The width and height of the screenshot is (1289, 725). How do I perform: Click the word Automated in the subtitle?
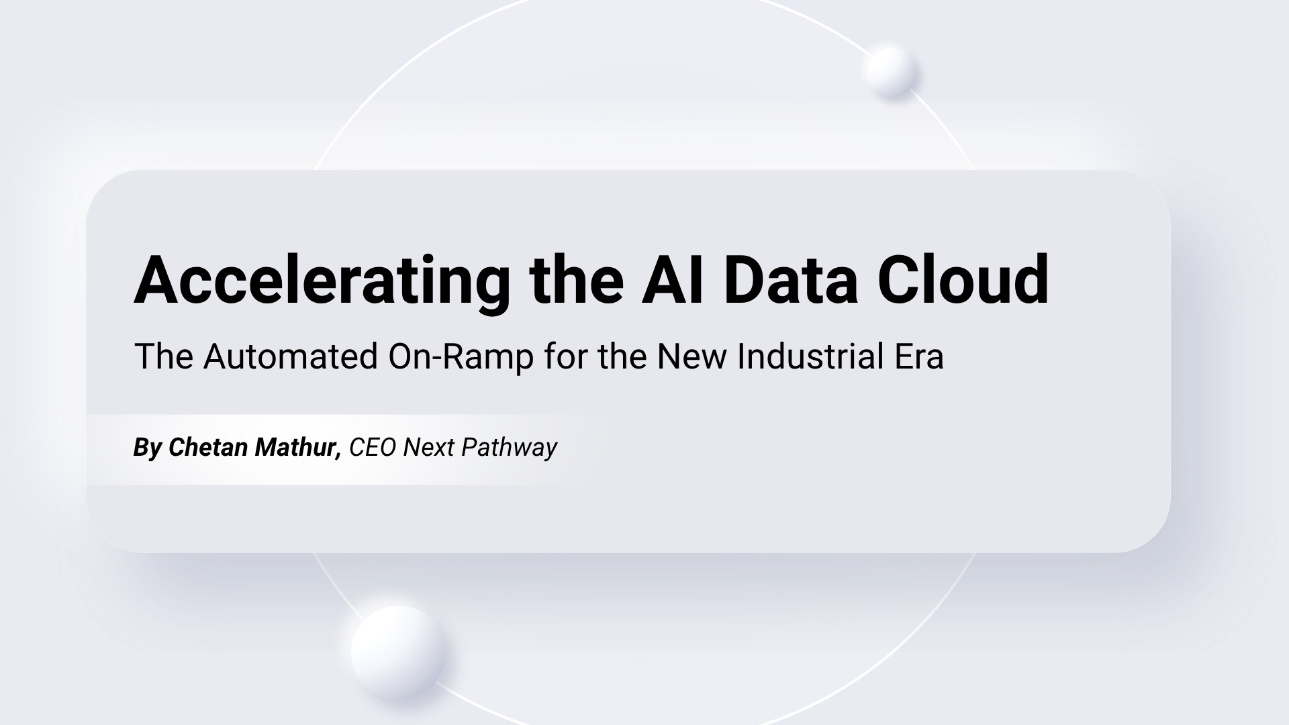[x=291, y=356]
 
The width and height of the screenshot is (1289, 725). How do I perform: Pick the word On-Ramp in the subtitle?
[x=461, y=356]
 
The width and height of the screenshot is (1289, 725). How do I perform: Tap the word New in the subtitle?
[x=691, y=356]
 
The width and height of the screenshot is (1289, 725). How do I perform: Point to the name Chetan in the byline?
[x=207, y=447]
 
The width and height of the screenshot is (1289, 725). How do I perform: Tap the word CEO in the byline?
[x=373, y=448]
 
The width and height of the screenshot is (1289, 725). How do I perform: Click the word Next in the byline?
[x=428, y=448]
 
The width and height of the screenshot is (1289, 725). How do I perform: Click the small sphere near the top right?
[x=892, y=72]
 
